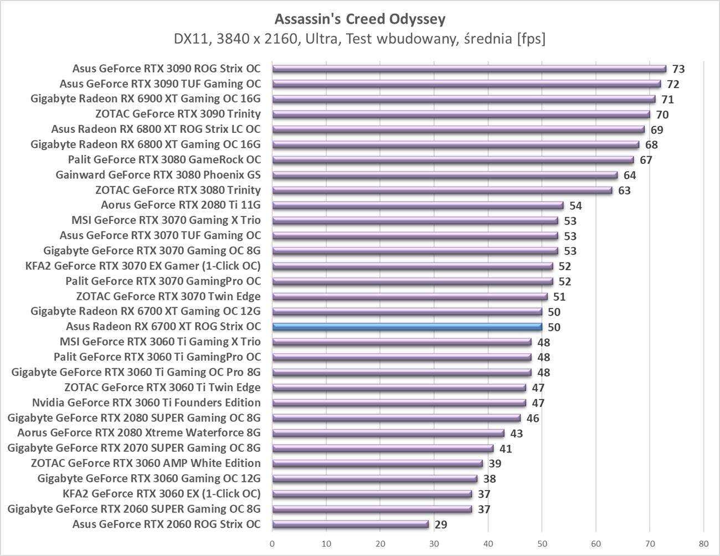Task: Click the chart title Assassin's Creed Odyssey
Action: point(360,19)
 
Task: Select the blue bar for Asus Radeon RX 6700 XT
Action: point(407,327)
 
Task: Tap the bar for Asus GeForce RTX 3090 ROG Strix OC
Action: point(469,69)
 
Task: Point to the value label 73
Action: point(678,69)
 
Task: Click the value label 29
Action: point(441,524)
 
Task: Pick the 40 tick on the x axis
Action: point(488,543)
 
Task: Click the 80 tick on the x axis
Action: point(703,543)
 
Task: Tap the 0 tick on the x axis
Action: point(272,543)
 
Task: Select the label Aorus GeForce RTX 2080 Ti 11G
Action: point(181,205)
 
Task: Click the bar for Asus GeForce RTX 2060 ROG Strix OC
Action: point(351,524)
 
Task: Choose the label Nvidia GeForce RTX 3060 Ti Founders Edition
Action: point(146,403)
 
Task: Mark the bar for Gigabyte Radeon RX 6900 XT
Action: point(464,99)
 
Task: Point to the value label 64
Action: point(630,176)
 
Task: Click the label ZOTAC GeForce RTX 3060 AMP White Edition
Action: point(146,463)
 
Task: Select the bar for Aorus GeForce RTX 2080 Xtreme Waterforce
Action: point(388,433)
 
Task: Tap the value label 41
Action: point(506,449)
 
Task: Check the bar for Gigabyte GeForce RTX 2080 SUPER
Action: point(397,418)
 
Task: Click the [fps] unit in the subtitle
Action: point(531,39)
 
